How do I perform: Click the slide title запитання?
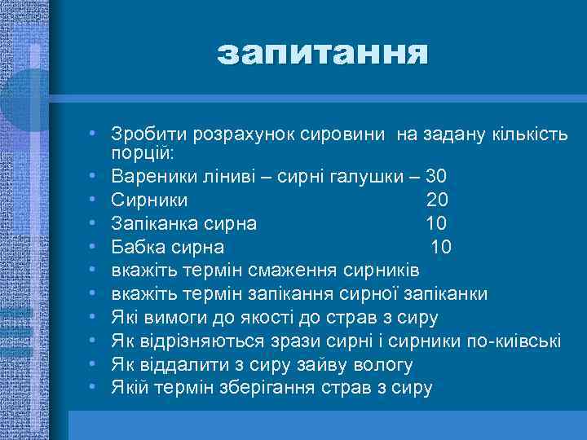point(322,54)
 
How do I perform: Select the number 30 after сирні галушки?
point(436,176)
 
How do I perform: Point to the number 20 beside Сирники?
point(437,200)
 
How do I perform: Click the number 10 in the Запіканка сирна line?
point(437,223)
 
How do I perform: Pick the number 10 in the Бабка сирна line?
point(441,247)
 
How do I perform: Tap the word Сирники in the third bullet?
point(149,200)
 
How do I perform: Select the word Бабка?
point(136,247)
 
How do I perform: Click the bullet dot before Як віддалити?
point(95,363)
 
